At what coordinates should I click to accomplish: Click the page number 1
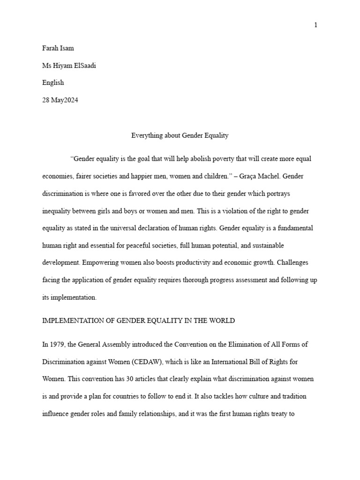click(x=316, y=25)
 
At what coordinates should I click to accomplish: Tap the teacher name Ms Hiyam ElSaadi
click(x=69, y=65)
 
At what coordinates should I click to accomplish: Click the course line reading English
click(x=53, y=82)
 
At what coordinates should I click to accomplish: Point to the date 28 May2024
click(x=60, y=100)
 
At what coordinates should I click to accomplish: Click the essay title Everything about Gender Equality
click(x=180, y=135)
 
